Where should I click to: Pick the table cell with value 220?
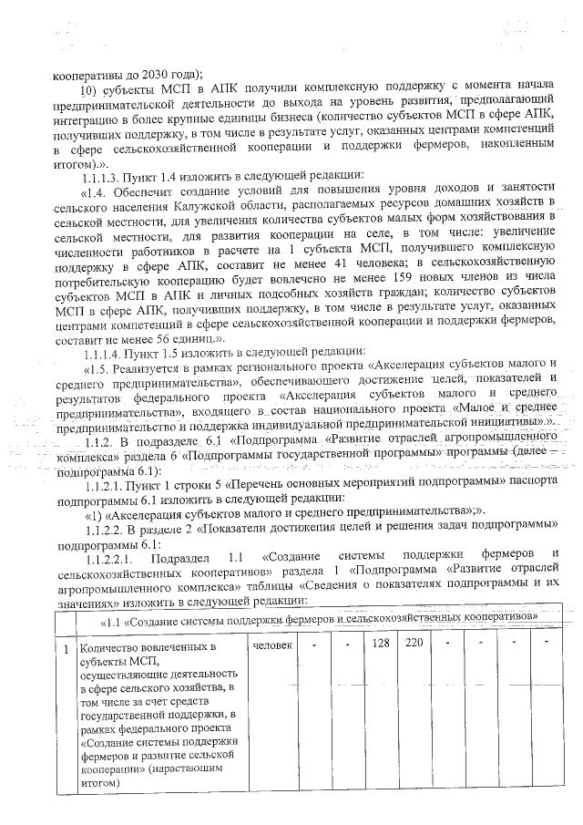click(x=414, y=645)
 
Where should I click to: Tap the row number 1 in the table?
click(x=64, y=647)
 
